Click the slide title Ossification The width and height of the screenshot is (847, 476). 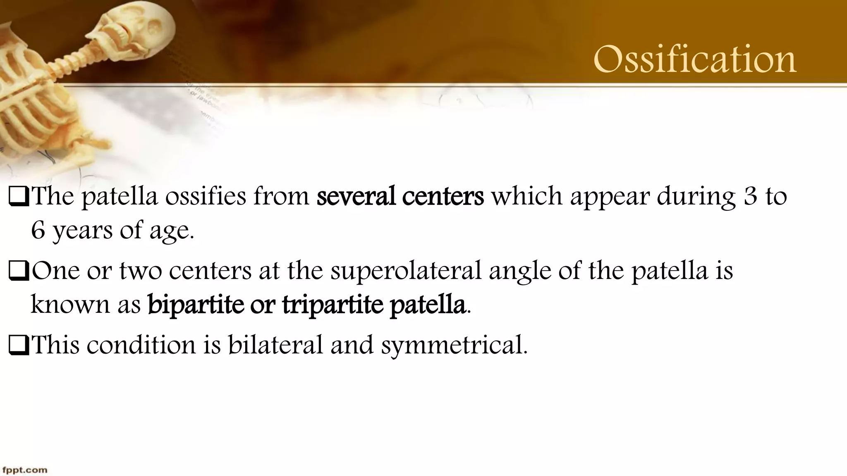(x=695, y=60)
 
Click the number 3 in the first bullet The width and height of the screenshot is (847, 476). (x=750, y=196)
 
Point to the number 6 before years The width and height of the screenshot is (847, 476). (x=38, y=230)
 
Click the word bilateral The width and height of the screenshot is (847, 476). (x=275, y=345)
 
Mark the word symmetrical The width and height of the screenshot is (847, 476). (x=454, y=345)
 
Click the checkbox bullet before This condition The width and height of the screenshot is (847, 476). (x=19, y=345)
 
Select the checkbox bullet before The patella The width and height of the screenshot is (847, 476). (x=19, y=197)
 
